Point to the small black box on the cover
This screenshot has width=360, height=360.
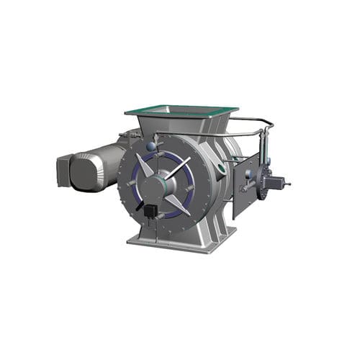point(150,211)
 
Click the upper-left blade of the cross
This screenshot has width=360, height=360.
point(146,165)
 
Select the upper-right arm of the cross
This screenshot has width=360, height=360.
point(180,166)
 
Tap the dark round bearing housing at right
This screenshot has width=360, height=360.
point(271,182)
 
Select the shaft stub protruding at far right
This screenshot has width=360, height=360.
point(287,184)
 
